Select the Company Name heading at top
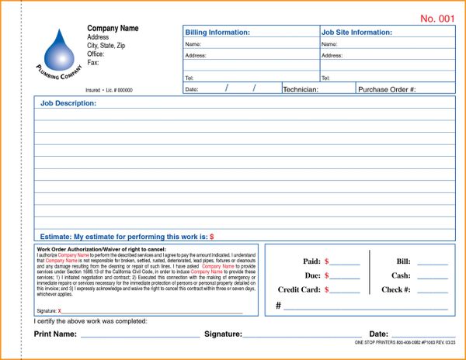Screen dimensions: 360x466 113,29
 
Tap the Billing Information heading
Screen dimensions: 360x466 217,33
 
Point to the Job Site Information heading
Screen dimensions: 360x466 356,33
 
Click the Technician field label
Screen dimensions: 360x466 308,89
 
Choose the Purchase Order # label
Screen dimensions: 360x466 387,89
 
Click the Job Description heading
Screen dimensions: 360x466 68,103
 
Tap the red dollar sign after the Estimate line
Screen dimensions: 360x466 212,236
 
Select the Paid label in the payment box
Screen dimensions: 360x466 311,261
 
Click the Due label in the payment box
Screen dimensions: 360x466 313,275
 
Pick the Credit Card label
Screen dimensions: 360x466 299,289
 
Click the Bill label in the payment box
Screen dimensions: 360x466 403,261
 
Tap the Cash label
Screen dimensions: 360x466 401,275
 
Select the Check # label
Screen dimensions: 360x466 396,289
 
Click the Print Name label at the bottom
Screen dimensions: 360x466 55,334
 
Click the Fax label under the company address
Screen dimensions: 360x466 93,63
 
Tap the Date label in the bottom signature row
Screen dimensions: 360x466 378,334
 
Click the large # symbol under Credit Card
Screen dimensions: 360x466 278,306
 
